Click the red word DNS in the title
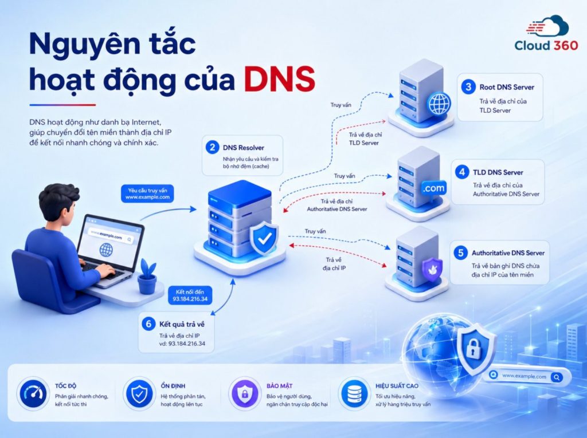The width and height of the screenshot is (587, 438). (x=279, y=79)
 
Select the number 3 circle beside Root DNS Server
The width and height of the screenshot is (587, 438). (x=468, y=87)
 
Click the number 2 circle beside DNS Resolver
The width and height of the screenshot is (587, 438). (x=212, y=147)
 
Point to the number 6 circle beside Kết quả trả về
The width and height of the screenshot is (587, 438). (x=148, y=323)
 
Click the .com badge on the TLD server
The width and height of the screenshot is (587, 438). (x=433, y=188)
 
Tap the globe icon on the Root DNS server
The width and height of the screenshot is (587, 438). (x=440, y=104)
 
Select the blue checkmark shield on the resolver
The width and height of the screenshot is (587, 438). (x=264, y=238)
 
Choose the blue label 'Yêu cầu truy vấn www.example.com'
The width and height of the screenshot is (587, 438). (x=147, y=194)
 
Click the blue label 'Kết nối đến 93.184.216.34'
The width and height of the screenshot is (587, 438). (x=190, y=295)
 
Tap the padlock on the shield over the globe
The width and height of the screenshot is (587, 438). (x=473, y=347)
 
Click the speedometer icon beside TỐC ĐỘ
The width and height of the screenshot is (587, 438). (x=33, y=394)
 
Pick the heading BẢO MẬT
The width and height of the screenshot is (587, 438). (x=279, y=386)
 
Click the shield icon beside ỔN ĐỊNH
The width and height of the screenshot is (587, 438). (x=139, y=394)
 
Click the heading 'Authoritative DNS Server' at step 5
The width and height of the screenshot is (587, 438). (x=508, y=253)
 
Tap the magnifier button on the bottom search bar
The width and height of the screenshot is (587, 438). (x=557, y=377)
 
